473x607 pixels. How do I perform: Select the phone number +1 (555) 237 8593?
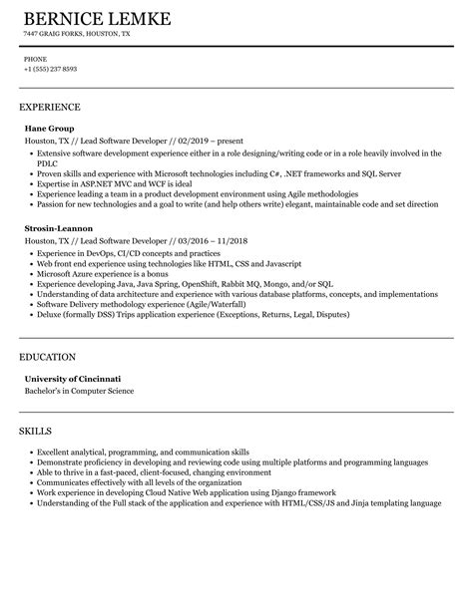(50, 69)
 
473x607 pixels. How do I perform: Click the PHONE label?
(35, 59)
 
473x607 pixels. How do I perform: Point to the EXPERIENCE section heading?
(50, 107)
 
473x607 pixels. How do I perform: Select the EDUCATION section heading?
(48, 357)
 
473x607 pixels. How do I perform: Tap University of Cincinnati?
(73, 379)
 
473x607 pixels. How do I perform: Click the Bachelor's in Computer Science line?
(79, 391)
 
